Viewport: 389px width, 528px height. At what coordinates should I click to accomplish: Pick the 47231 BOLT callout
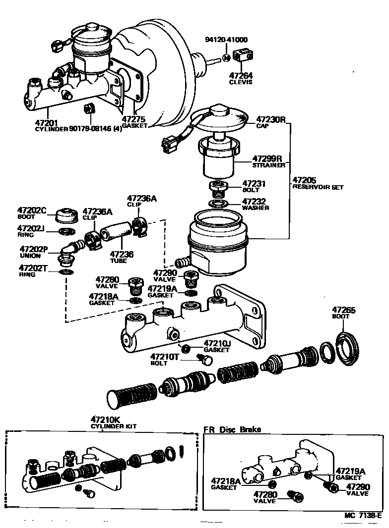254,186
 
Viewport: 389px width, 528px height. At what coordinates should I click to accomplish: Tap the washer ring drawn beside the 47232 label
218,203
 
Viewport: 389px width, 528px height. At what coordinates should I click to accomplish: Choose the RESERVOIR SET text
318,187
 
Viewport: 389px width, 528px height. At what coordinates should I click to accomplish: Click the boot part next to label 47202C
66,216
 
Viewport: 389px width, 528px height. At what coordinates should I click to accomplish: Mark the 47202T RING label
33,271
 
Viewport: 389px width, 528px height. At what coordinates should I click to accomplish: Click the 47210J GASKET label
217,346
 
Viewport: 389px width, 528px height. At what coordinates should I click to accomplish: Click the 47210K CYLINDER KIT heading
113,422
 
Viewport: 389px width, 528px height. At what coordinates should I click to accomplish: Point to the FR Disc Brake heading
232,429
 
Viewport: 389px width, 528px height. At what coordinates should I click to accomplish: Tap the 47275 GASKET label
134,122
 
